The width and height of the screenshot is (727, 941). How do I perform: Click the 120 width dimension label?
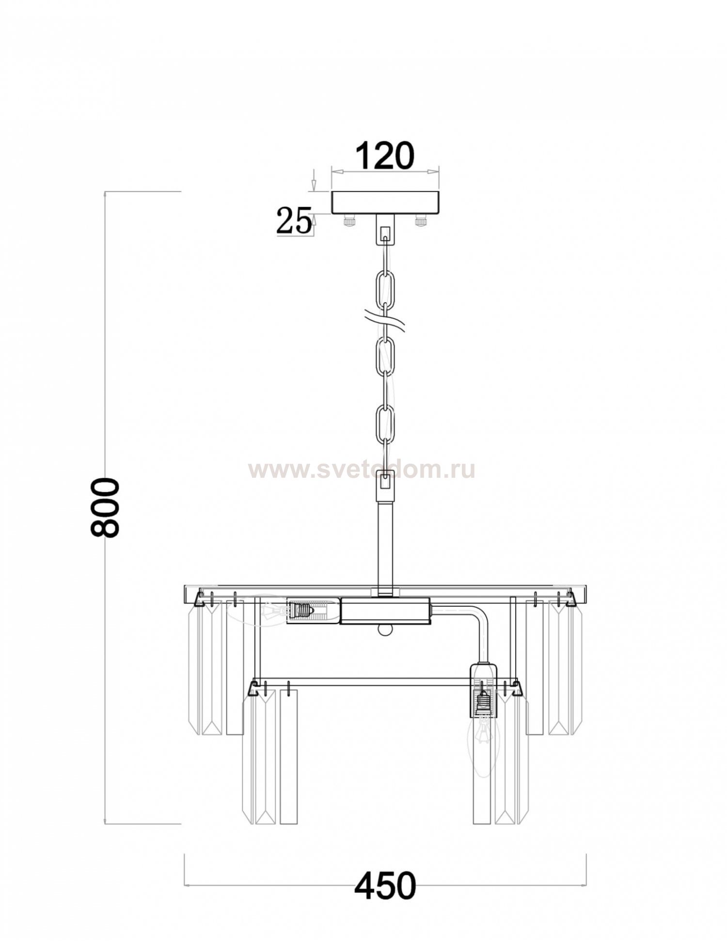(385, 156)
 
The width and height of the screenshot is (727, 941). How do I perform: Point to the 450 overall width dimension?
(385, 885)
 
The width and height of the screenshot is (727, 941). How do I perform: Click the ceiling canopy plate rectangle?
(385, 203)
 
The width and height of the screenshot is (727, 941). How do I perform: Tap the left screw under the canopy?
(349, 221)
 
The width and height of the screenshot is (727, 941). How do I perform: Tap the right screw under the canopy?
(421, 221)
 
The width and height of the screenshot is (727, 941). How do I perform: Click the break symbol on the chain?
(385, 321)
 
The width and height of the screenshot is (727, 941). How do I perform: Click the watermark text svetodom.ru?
(361, 470)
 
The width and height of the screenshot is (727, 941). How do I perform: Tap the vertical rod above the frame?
(385, 548)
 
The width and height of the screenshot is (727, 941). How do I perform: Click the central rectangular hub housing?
(385, 611)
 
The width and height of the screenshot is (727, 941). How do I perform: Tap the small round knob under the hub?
(385, 630)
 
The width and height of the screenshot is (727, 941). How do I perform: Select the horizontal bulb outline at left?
(264, 611)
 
